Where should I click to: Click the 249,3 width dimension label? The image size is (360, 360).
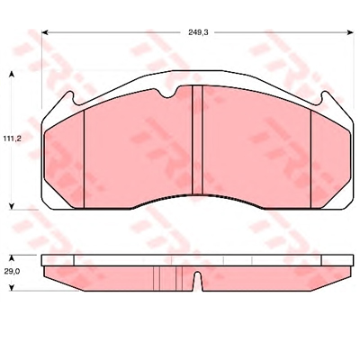[198, 32]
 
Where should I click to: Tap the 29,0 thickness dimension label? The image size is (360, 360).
[12, 272]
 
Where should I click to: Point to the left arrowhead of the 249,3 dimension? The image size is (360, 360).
[45, 32]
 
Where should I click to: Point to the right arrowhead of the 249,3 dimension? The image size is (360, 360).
[350, 32]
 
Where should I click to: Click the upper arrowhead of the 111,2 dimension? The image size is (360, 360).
[12, 75]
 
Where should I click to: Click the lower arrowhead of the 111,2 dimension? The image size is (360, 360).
[12, 206]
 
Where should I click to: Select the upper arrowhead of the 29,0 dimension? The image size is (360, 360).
[12, 258]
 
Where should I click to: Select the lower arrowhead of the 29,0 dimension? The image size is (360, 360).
[12, 287]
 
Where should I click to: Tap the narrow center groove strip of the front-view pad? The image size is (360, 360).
[197, 139]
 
